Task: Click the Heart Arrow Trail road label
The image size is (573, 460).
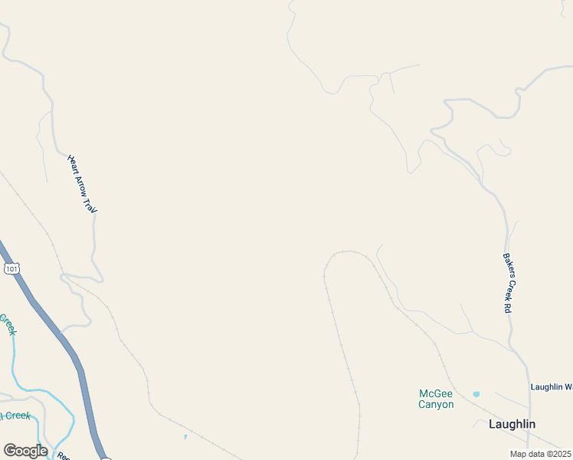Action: point(83,184)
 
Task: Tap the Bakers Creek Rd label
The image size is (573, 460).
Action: point(507,283)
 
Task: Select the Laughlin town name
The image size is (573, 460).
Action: point(512,424)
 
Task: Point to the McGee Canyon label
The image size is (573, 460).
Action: point(436,399)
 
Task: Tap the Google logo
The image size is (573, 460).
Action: point(25,451)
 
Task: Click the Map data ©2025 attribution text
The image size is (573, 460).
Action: point(541,454)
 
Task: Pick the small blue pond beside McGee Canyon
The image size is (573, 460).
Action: point(476,394)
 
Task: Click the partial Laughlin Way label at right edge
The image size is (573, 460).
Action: point(552,387)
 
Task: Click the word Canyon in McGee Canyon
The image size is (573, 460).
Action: point(436,405)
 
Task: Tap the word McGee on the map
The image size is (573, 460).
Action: point(436,393)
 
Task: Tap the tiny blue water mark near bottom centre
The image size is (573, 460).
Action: point(185,437)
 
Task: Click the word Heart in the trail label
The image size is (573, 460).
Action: point(73,163)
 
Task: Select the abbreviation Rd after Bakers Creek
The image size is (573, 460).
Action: point(509,306)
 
